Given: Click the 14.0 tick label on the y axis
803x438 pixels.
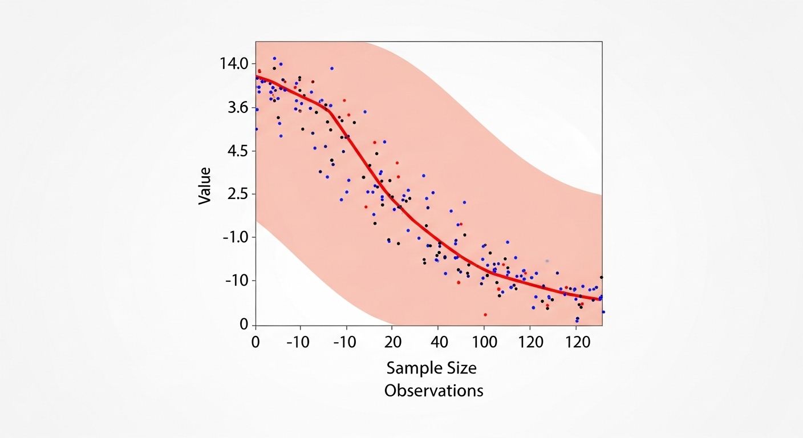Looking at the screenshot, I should pyautogui.click(x=234, y=63).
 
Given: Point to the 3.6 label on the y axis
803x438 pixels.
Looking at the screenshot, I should pyautogui.click(x=237, y=107).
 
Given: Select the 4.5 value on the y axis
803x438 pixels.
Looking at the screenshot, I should pyautogui.click(x=237, y=151).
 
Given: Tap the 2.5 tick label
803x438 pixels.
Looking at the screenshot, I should pyautogui.click(x=237, y=194).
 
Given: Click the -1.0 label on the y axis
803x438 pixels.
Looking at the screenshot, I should pyautogui.click(x=236, y=237).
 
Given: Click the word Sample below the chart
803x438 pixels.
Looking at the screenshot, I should pyautogui.click(x=411, y=368).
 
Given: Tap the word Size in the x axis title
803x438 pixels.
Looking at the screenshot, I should pyautogui.click(x=458, y=368).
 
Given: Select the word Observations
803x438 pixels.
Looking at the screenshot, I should pyautogui.click(x=433, y=391).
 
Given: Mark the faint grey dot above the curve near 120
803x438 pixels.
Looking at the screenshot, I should pyautogui.click(x=547, y=261).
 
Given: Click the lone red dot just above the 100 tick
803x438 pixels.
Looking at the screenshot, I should pyautogui.click(x=485, y=314).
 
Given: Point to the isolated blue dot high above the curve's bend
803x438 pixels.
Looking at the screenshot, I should pyautogui.click(x=332, y=68).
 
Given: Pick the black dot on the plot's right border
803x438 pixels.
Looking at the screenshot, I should pyautogui.click(x=601, y=277).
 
